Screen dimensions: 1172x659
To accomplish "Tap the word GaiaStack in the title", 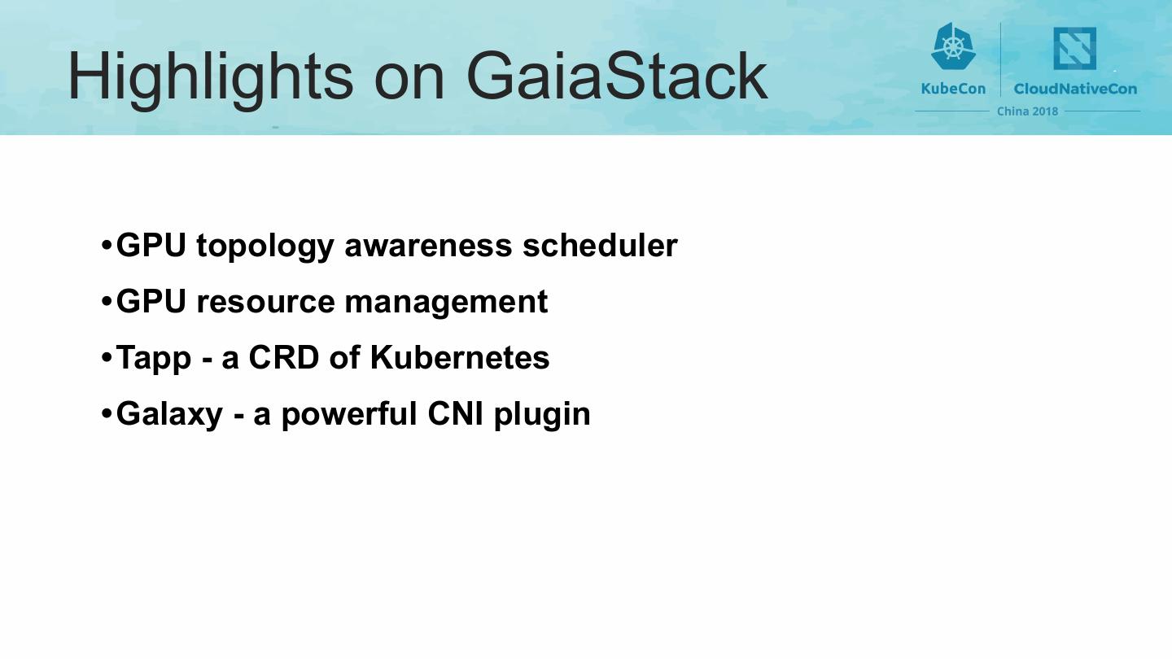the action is coord(617,76).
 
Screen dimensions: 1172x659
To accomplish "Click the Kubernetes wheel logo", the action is coord(953,46).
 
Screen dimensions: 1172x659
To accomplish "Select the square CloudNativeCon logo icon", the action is coord(1074,49).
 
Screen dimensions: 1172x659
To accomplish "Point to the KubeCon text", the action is coord(953,89).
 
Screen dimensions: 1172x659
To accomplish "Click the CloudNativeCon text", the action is coord(1075,89).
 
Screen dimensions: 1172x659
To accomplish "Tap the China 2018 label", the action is coord(1027,111).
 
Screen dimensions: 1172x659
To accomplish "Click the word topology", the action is coord(265,247).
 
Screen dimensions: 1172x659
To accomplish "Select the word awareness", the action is coord(428,246).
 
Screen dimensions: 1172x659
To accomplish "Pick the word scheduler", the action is coord(600,244).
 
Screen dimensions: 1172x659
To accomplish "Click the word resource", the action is coord(265,303).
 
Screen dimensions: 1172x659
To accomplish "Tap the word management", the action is coord(446,303).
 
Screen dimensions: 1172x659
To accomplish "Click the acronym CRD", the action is coord(283,358).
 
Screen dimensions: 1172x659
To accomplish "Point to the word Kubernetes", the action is coord(460,357).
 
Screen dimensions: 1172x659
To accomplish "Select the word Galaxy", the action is coord(169,415).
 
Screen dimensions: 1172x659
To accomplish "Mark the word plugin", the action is coord(542,415).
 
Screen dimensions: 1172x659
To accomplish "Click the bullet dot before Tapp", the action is coord(106,358).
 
